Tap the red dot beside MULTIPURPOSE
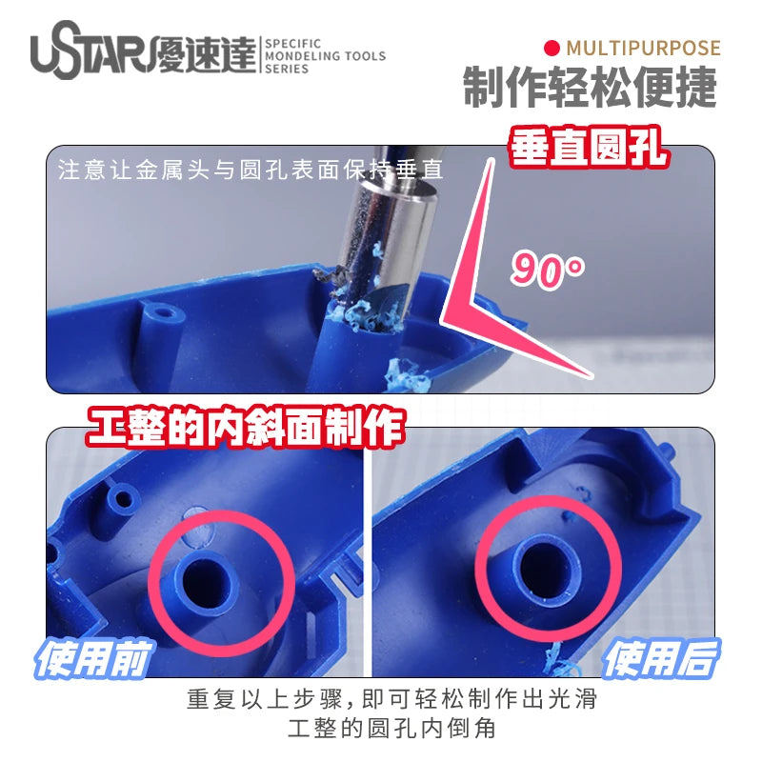552,49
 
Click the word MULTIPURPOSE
643,49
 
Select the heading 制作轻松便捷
590,88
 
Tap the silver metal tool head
389,238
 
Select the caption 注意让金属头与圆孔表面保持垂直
251,170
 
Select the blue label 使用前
92,659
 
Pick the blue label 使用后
661,659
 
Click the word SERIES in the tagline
287,69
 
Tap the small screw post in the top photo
160,316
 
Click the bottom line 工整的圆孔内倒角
391,729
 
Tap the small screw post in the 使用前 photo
122,501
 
